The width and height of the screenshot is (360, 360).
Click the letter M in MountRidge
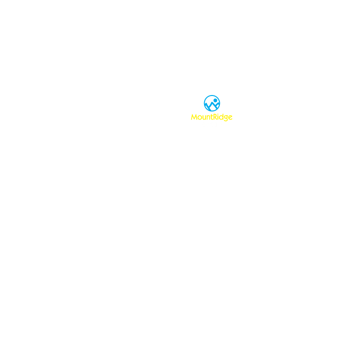tap(194, 117)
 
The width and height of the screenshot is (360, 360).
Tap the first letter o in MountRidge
tap(200, 118)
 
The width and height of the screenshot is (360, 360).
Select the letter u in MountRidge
tap(204, 118)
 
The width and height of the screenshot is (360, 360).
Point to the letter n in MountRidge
tap(208, 118)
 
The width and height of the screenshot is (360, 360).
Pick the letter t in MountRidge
tap(212, 117)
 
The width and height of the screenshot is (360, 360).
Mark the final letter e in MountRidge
tap(230, 118)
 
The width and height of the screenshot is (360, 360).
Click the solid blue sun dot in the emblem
tap(216, 100)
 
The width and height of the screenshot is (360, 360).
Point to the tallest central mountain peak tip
tap(212, 102)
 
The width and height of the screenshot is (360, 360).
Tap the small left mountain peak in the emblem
tap(206, 104)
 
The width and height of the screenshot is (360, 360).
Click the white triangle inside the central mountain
tap(213, 107)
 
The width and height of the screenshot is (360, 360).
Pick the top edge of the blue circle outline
tap(212, 96)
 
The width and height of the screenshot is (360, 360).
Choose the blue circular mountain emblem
tap(212, 103)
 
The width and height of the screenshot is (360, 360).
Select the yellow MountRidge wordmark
tap(212, 118)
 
